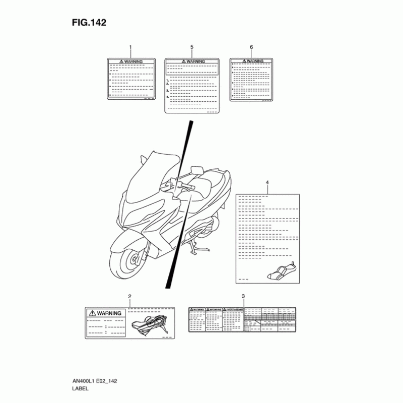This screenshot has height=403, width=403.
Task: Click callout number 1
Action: pyautogui.click(x=130, y=47)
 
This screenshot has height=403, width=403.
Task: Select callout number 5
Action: pyautogui.click(x=192, y=47)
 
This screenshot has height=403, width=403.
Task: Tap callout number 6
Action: pyautogui.click(x=251, y=47)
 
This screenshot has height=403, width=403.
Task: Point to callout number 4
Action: pyautogui.click(x=267, y=182)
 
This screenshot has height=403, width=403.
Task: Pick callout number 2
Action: pyautogui.click(x=130, y=296)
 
